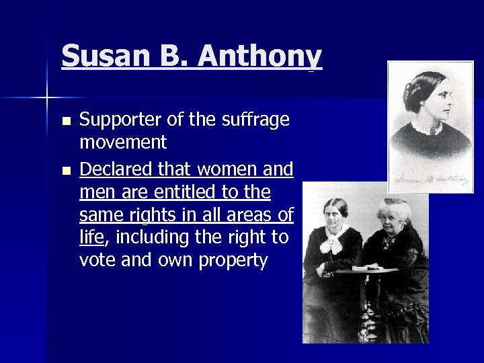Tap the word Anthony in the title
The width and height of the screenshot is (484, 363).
pos(262,56)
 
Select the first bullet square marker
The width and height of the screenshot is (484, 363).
pos(65,122)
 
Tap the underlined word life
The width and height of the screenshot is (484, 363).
pos(91,238)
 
